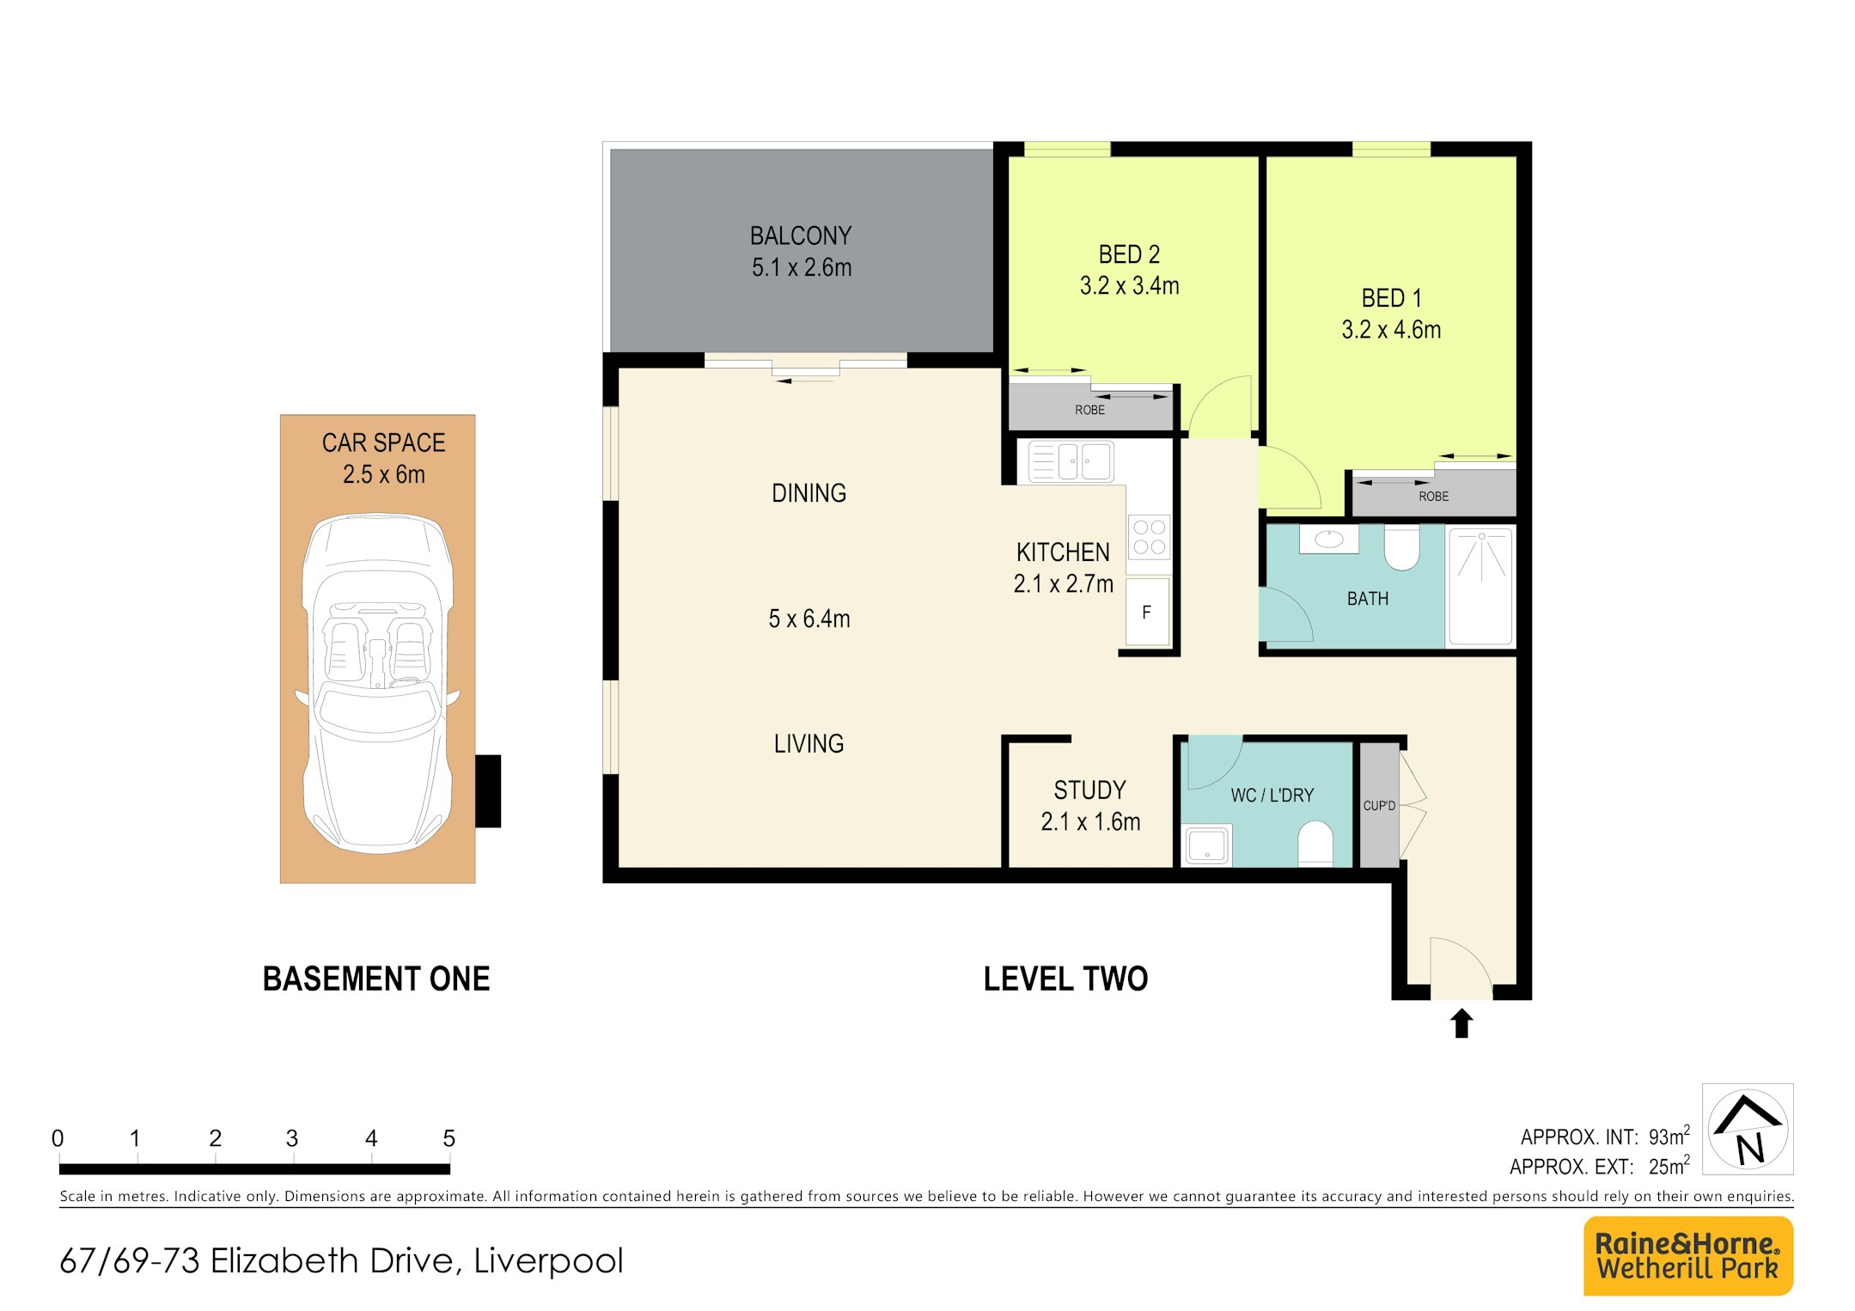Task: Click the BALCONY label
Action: pyautogui.click(x=801, y=235)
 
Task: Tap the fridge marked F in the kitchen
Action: pyautogui.click(x=1148, y=612)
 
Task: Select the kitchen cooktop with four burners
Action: pyautogui.click(x=1149, y=537)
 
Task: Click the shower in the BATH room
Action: pyautogui.click(x=1480, y=586)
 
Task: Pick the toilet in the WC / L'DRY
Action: pyautogui.click(x=1315, y=843)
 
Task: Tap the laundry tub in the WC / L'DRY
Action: pyautogui.click(x=1207, y=845)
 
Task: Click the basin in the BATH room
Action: pyautogui.click(x=1328, y=540)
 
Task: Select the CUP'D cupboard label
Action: pyautogui.click(x=1379, y=806)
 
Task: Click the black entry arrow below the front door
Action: pyautogui.click(x=1461, y=1023)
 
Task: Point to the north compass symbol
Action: pyautogui.click(x=1748, y=1129)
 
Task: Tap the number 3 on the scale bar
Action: pyautogui.click(x=292, y=1138)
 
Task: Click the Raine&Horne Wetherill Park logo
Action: pyautogui.click(x=1688, y=1256)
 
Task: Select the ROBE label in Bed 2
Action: pyautogui.click(x=1089, y=410)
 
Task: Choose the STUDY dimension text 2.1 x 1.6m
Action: pyautogui.click(x=1090, y=822)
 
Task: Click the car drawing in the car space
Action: pyautogui.click(x=377, y=683)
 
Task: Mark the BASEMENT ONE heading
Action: pyautogui.click(x=376, y=979)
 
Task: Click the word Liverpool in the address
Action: pyautogui.click(x=548, y=1261)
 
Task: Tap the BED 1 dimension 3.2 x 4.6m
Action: pyautogui.click(x=1391, y=330)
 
